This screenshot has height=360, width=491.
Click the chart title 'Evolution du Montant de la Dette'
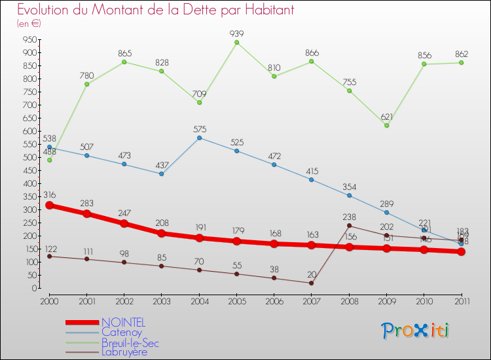[x=156, y=10]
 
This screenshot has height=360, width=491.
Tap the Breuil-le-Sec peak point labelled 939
[x=236, y=43]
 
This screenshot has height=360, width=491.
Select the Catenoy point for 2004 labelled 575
[x=199, y=137]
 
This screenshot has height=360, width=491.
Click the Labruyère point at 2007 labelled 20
[x=312, y=283]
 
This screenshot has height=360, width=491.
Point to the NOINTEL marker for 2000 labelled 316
[x=49, y=206]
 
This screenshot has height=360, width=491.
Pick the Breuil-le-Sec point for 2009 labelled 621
[x=386, y=126]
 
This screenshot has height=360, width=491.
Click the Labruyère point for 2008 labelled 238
[x=349, y=226]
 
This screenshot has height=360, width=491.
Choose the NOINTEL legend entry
[x=123, y=322]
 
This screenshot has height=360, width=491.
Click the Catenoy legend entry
[x=121, y=332]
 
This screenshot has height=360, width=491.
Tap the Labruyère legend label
[x=124, y=351]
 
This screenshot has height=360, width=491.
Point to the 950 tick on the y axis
[x=28, y=39]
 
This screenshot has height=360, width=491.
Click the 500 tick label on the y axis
[x=28, y=157]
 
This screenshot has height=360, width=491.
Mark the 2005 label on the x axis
[x=236, y=300]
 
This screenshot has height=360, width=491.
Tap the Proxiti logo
[x=416, y=331]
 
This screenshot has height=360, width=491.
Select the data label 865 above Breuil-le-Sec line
[x=124, y=52]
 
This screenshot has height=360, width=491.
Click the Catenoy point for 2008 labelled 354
[x=349, y=196]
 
